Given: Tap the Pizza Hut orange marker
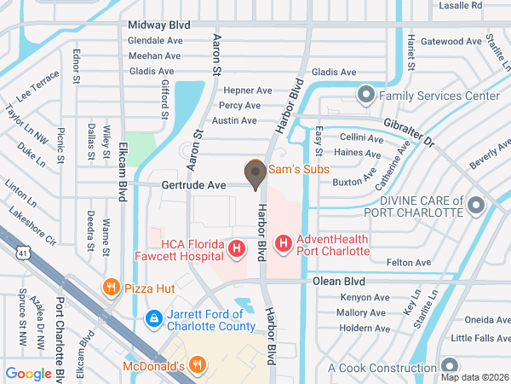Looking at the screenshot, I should point(110,288).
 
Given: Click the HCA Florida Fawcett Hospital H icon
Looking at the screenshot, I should point(238,250).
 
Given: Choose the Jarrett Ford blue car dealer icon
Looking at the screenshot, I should point(154,319).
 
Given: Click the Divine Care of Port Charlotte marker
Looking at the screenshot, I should point(476,205).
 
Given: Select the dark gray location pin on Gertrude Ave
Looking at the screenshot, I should point(255,176).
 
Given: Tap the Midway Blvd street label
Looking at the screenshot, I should point(158,26).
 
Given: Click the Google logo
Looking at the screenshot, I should point(29,373).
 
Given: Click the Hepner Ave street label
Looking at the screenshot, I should point(247,90).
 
